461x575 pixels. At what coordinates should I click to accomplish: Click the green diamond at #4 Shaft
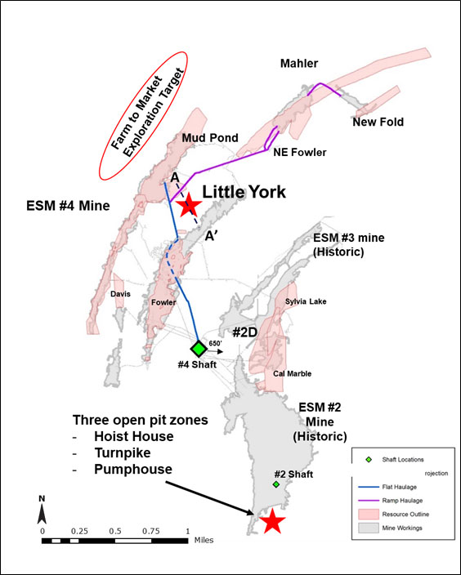(x=199, y=349)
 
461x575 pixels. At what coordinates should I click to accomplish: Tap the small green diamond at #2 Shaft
(x=276, y=484)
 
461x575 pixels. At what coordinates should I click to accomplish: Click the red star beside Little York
(x=189, y=205)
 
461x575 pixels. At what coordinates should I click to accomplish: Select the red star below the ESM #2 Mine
(x=272, y=520)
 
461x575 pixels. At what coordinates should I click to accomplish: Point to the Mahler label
(x=299, y=64)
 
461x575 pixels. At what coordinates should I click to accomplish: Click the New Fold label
(x=378, y=122)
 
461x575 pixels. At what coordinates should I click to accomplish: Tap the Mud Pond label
(x=210, y=138)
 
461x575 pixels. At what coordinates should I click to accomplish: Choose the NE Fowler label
(x=300, y=152)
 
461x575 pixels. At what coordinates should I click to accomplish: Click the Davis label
(x=120, y=294)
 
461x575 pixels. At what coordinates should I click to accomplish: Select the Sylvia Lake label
(x=306, y=301)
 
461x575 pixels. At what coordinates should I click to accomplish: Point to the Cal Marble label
(x=292, y=374)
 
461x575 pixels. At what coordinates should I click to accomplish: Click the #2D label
(x=244, y=332)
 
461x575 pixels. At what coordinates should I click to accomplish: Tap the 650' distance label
(x=215, y=343)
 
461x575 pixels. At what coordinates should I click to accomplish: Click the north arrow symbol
(x=42, y=510)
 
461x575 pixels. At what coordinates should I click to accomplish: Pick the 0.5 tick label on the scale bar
(x=115, y=532)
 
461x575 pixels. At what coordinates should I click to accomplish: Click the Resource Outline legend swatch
(x=368, y=514)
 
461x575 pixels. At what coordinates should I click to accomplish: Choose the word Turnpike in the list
(x=123, y=452)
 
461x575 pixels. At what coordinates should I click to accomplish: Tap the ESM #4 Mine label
(x=68, y=205)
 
